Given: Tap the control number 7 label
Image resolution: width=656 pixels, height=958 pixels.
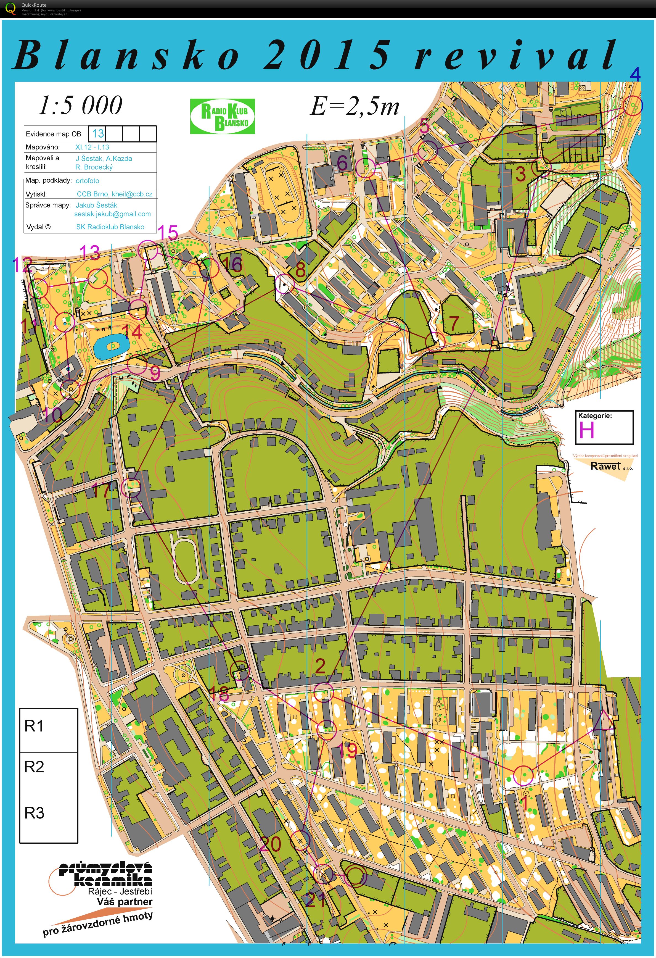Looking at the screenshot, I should pyautogui.click(x=454, y=323).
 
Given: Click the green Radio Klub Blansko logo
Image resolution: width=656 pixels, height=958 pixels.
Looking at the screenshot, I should pyautogui.click(x=223, y=116).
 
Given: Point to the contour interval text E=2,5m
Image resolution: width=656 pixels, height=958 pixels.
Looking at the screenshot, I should pyautogui.click(x=355, y=106).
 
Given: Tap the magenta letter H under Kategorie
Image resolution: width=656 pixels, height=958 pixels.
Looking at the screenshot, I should pyautogui.click(x=587, y=431).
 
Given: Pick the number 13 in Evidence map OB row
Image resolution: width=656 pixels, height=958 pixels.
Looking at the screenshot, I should pyautogui.click(x=98, y=133).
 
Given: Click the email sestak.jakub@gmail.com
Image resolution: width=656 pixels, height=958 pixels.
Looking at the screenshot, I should pyautogui.click(x=112, y=214).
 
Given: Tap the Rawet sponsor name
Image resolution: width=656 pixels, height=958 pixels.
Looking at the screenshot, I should pyautogui.click(x=605, y=466).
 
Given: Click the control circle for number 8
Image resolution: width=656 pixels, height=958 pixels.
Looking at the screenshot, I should pyautogui.click(x=284, y=285).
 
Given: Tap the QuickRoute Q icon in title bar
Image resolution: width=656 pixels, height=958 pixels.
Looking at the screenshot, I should pyautogui.click(x=10, y=9).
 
